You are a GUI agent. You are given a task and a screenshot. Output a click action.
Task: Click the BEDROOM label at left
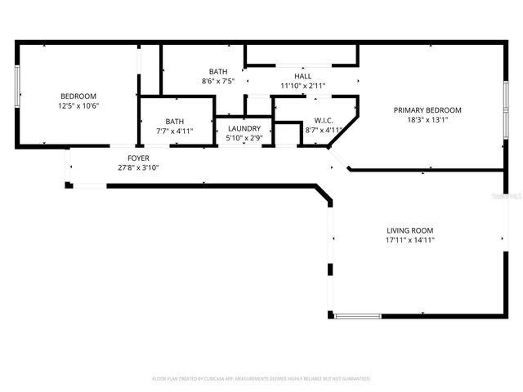tap(78, 96)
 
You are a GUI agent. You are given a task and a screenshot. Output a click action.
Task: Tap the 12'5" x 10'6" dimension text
tap(78, 105)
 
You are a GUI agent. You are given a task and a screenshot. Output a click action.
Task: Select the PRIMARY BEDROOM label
tap(427, 110)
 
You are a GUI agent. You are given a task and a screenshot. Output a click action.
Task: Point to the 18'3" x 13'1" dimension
tap(427, 120)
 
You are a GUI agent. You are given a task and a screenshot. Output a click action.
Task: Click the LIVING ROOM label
tap(409, 230)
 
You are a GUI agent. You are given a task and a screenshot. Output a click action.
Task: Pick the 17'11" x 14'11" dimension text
tap(409, 240)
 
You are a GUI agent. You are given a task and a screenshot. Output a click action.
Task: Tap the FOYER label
tap(138, 158)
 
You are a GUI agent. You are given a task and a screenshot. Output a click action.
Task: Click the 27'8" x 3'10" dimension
tap(138, 167)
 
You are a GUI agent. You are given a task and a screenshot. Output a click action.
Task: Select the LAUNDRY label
tap(244, 128)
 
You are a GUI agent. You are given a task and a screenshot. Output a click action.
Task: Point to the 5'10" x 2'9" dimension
tap(244, 138)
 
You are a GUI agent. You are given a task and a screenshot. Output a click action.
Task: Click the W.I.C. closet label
tap(324, 120)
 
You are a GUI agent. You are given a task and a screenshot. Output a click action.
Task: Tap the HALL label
tap(302, 75)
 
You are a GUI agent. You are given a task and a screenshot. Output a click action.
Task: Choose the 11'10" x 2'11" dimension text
tap(302, 85)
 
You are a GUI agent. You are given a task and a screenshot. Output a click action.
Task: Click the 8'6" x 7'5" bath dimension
tap(218, 81)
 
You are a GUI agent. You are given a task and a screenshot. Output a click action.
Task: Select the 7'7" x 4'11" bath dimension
tap(174, 131)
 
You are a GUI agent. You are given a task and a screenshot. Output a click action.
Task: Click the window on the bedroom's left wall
tap(18, 86)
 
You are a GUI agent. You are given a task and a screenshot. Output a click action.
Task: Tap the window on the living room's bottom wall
tap(357, 316)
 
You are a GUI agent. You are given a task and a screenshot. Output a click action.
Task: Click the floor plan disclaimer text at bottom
tap(261, 379)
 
